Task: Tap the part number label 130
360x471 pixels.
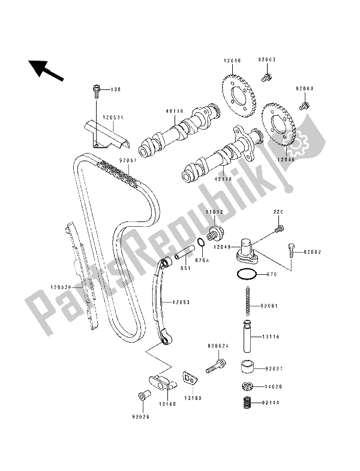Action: click(115, 90)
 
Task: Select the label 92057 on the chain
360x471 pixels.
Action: click(127, 160)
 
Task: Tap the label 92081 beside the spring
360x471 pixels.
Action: click(270, 307)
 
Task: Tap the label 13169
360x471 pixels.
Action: click(192, 398)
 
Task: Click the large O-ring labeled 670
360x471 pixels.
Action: click(247, 275)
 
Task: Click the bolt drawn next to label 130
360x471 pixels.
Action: click(97, 90)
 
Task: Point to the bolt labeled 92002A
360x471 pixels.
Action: click(215, 365)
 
